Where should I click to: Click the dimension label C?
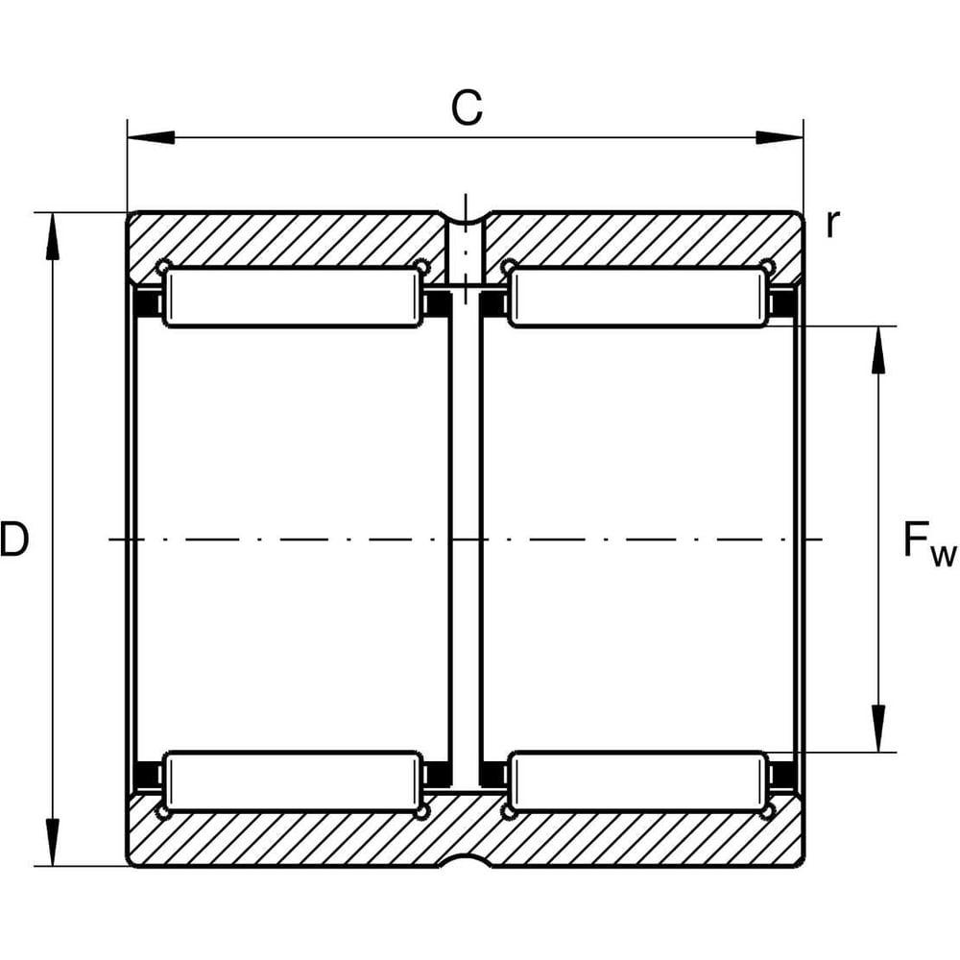click(x=467, y=109)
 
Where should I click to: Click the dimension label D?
click(x=14, y=540)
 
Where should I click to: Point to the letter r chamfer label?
click(x=832, y=224)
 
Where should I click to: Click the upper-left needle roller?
click(x=293, y=298)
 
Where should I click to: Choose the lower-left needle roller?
click(x=293, y=781)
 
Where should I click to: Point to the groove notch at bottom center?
click(x=466, y=857)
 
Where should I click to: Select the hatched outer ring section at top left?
click(x=288, y=237)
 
